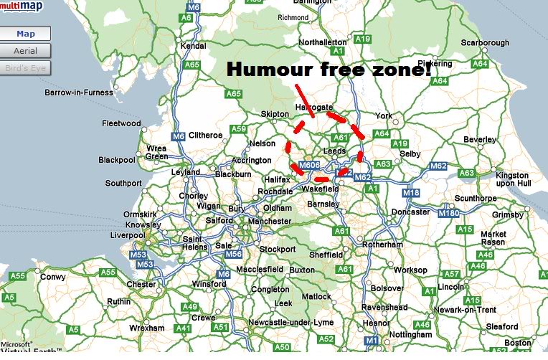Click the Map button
(x=26, y=34)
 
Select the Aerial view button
(x=26, y=51)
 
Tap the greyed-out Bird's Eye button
(x=26, y=68)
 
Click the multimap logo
(x=21, y=6)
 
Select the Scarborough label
(x=485, y=43)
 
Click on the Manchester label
(x=269, y=222)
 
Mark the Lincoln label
(x=450, y=286)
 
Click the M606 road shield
(x=308, y=166)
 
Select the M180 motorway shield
(x=449, y=213)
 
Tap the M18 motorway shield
(x=410, y=193)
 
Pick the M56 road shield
(x=234, y=254)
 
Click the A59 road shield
(x=238, y=130)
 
